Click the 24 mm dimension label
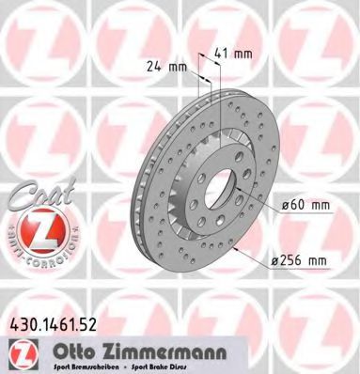(x=165, y=66)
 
